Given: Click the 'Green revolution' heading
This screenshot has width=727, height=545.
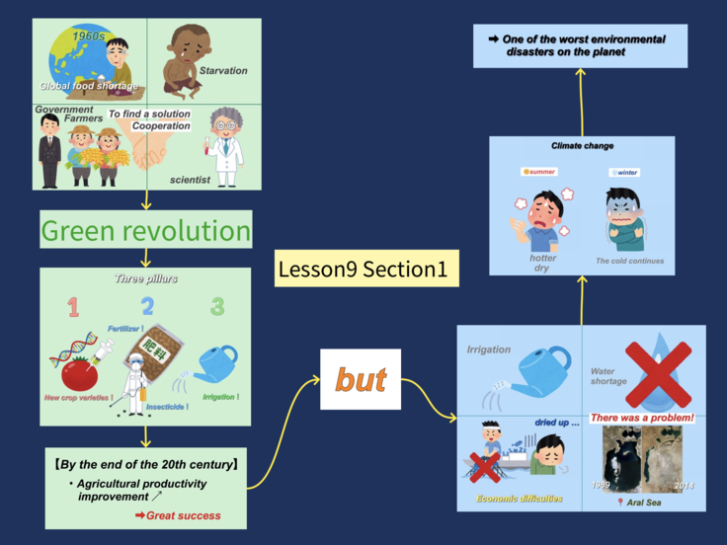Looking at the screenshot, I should pyautogui.click(x=145, y=232).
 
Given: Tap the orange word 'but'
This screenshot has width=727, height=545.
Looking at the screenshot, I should pyautogui.click(x=361, y=380).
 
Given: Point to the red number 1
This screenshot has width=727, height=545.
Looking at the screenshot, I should pyautogui.click(x=72, y=307).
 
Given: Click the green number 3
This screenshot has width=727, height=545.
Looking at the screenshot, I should pyautogui.click(x=217, y=307).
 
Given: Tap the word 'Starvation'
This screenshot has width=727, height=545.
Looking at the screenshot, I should pyautogui.click(x=223, y=71).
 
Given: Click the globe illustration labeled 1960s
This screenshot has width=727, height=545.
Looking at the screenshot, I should pyautogui.click(x=81, y=54).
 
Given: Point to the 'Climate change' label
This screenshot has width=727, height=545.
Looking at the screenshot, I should pyautogui.click(x=584, y=146).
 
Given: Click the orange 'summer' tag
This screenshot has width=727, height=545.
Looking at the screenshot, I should pyautogui.click(x=539, y=172).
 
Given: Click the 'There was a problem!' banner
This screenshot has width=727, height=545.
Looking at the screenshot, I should pyautogui.click(x=642, y=419).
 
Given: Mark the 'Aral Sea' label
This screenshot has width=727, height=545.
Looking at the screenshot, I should pyautogui.click(x=641, y=502).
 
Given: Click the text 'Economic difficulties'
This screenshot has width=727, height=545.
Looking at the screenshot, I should pyautogui.click(x=520, y=500).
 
